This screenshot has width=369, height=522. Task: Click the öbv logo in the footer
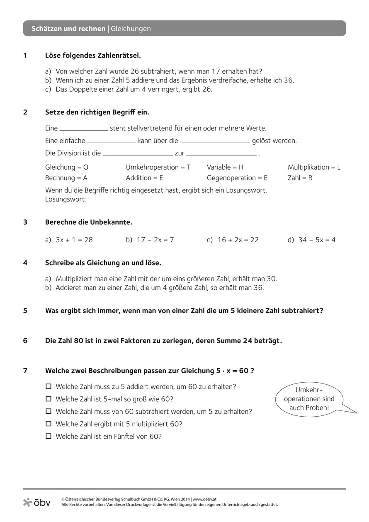point(37,502)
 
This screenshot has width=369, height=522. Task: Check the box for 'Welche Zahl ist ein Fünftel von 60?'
point(48,436)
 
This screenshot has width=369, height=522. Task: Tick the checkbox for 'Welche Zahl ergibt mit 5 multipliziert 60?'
point(48,423)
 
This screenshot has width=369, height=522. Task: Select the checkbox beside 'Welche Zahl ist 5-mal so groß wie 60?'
point(48,398)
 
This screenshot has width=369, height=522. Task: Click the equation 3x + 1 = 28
point(74,240)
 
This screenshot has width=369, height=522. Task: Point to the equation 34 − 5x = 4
point(317,240)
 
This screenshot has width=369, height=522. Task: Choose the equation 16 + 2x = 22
point(238,240)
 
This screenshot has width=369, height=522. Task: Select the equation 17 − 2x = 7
point(155,240)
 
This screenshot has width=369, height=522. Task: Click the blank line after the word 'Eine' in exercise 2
point(84,130)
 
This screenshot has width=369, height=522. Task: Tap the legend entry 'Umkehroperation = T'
point(158,167)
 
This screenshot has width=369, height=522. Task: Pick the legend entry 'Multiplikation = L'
point(314,167)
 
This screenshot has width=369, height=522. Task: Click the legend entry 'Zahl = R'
point(300,178)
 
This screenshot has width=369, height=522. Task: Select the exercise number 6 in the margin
point(25,341)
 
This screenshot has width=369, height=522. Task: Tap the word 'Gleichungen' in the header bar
point(131,29)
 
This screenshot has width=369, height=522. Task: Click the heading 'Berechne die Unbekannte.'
point(88,222)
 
